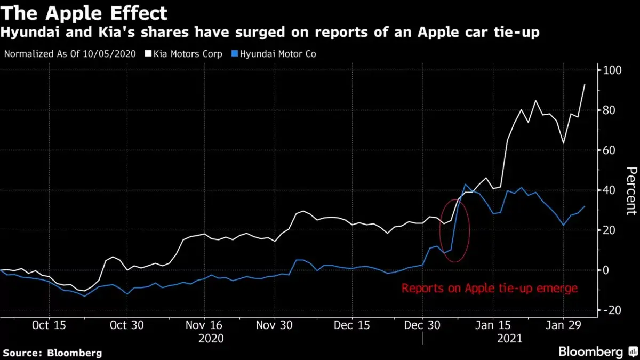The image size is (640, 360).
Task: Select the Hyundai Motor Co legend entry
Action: [x=275, y=54]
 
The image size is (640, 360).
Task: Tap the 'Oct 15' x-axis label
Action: [x=49, y=325]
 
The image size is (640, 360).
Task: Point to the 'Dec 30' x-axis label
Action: [x=422, y=325]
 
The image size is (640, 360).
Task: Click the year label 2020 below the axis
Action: [x=211, y=338]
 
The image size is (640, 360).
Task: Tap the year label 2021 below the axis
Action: [x=509, y=338]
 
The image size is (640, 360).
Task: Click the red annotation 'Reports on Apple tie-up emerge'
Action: [x=489, y=289]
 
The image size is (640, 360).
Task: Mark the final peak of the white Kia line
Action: [x=585, y=84]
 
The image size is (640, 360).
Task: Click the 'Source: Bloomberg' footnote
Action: [x=52, y=353]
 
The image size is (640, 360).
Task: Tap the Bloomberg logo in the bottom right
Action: [x=597, y=351]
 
